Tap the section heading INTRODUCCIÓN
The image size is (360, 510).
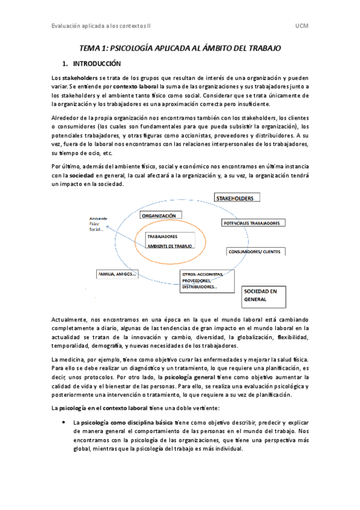point(97,63)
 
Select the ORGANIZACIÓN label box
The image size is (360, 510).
point(159,215)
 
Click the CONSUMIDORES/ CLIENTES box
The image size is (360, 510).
point(254,251)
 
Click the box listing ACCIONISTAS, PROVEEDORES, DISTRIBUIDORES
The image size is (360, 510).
point(203,281)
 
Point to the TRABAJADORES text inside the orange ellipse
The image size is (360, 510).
point(162,236)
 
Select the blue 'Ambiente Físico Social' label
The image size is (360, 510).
point(98,223)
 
